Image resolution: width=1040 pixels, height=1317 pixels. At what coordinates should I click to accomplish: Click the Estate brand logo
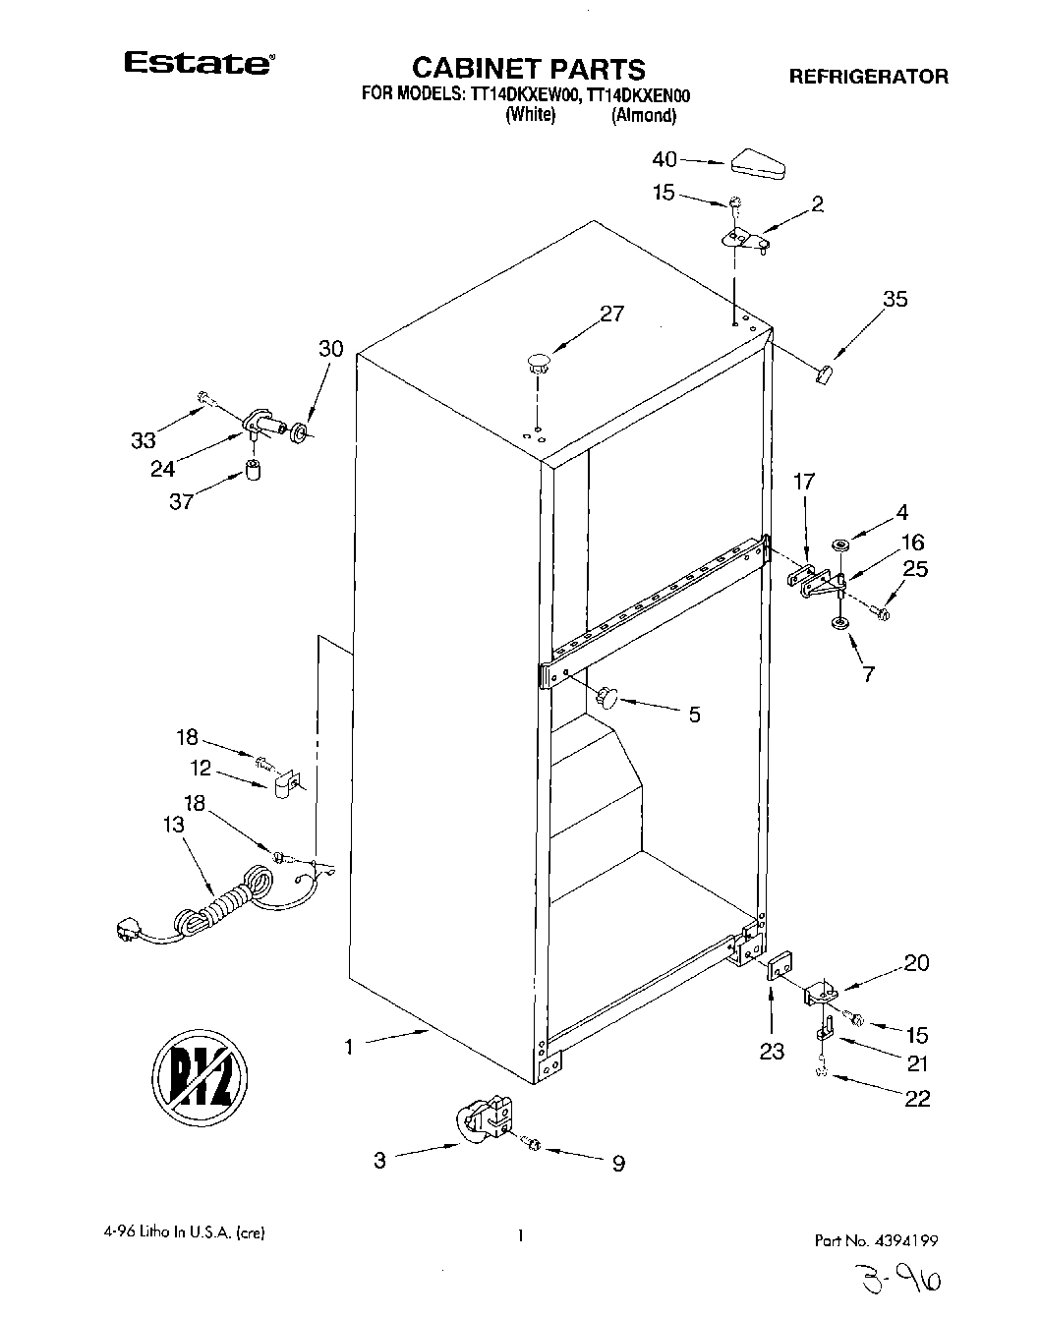(198, 64)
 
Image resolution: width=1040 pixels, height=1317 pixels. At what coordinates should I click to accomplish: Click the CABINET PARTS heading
(528, 68)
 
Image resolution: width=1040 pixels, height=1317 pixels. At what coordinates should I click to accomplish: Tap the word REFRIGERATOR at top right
(869, 76)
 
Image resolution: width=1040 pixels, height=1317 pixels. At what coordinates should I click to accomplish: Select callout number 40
(664, 159)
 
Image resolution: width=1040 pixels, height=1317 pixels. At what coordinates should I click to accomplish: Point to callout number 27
(611, 314)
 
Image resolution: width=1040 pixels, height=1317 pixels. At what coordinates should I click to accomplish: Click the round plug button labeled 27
(539, 361)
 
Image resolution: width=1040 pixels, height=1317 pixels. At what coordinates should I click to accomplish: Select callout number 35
(895, 299)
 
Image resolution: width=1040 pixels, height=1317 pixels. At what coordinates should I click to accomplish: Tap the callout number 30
(331, 348)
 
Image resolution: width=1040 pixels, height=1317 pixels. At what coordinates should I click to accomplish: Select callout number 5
(694, 715)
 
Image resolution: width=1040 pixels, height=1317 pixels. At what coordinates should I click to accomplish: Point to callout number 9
(618, 1164)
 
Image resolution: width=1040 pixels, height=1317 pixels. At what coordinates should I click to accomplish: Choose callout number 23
(772, 1052)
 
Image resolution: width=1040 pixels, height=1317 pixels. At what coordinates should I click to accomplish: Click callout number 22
(916, 1098)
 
